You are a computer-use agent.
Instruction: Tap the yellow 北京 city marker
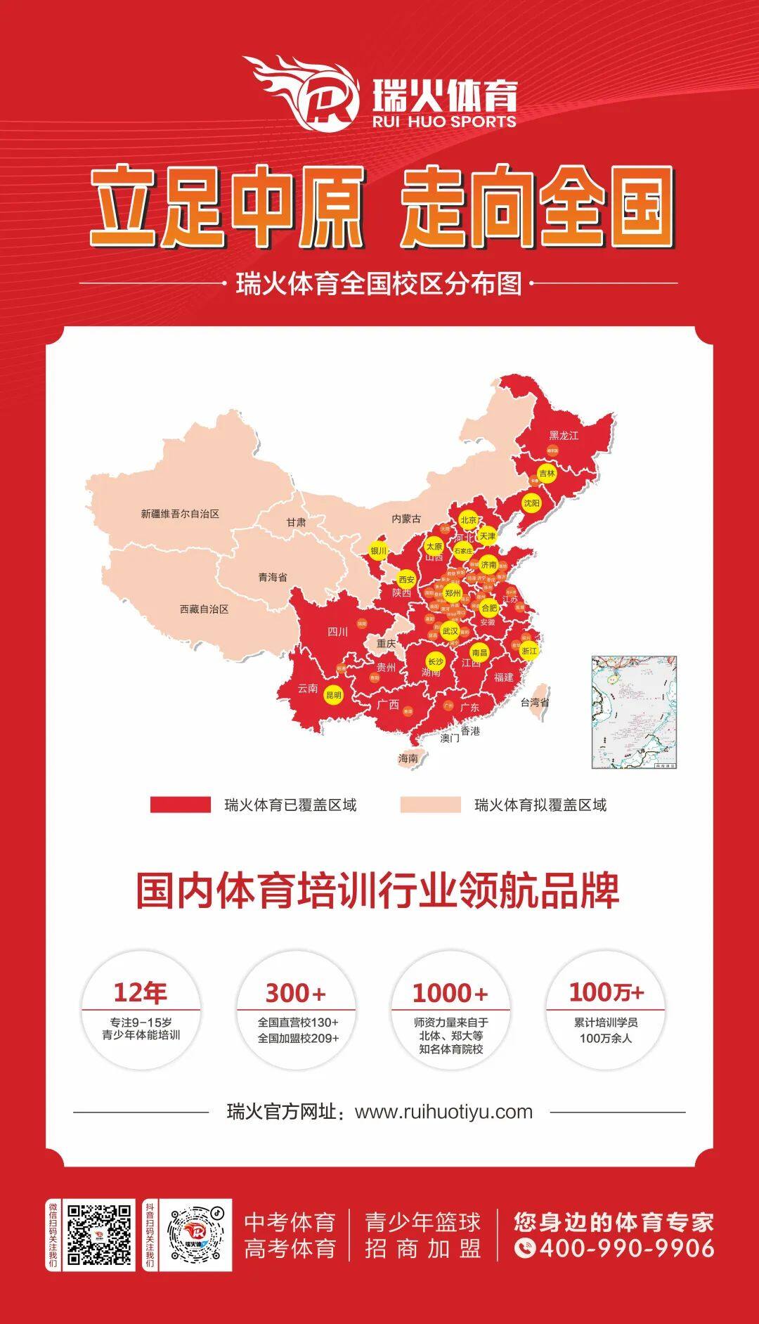(x=469, y=520)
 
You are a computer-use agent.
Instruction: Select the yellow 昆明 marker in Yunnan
(x=333, y=696)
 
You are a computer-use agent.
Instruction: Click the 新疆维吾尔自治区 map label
(x=180, y=514)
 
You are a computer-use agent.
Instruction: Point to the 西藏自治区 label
(x=204, y=609)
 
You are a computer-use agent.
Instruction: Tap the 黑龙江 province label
(x=564, y=436)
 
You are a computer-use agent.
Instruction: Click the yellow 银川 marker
(x=379, y=551)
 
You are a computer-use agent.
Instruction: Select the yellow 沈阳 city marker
(x=532, y=503)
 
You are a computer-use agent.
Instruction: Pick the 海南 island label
(x=408, y=758)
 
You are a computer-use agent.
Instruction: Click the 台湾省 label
(x=535, y=701)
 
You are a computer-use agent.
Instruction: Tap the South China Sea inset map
(x=634, y=711)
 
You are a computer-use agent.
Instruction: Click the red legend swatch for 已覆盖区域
(x=180, y=805)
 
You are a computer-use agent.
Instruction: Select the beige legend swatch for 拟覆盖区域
(x=430, y=805)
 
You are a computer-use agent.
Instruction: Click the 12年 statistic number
(x=141, y=992)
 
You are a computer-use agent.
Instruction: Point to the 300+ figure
(x=296, y=993)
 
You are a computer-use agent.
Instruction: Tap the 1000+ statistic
(x=450, y=993)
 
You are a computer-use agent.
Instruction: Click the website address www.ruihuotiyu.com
(x=443, y=1111)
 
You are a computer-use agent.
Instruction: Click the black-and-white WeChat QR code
(x=99, y=1235)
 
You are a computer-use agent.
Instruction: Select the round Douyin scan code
(x=196, y=1235)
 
